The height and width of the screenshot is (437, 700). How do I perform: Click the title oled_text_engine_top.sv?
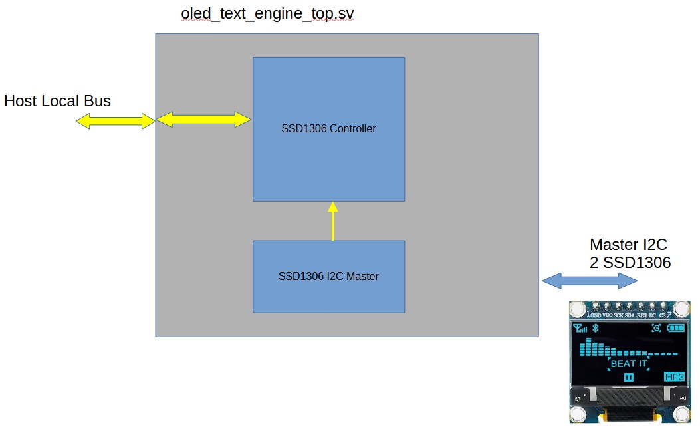coord(272,14)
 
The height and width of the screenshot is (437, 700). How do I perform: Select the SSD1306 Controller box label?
coord(328,129)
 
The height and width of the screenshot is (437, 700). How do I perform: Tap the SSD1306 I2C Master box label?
coord(328,277)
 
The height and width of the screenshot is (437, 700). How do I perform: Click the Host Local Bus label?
coord(57,101)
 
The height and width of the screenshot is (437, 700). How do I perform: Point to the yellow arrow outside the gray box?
coord(115,121)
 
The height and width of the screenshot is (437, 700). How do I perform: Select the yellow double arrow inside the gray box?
coord(203,120)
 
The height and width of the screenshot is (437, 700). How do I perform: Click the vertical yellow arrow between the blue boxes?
coord(333,221)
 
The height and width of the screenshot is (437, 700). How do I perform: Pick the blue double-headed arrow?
coord(590,281)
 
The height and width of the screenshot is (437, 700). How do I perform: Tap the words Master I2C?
coord(628,245)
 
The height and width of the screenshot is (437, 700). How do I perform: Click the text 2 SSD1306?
coord(630,263)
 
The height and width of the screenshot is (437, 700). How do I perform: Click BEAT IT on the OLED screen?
coord(628,364)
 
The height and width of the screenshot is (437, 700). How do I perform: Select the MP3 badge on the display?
coord(674,377)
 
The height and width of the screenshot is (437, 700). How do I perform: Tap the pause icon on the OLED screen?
coord(628,377)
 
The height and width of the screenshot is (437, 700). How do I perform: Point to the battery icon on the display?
coord(675,328)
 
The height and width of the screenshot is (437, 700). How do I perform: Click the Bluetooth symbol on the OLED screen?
coord(596,328)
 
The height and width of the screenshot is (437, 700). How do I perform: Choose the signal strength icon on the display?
coord(580,328)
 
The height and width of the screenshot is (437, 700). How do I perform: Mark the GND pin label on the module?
coord(596,315)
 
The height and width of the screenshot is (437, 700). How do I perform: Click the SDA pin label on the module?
coord(629,315)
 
